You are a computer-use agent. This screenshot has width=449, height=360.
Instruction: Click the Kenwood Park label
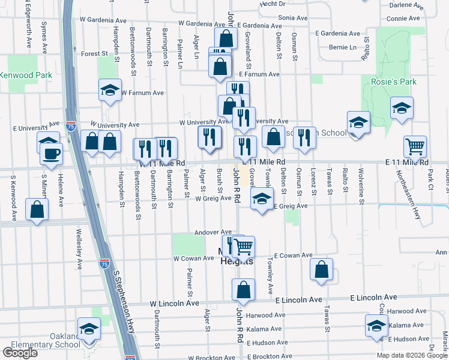[x=26, y=76]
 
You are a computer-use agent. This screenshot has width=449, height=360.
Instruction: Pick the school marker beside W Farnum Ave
[x=110, y=90]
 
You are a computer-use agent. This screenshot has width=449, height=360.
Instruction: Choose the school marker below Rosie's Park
[x=402, y=108]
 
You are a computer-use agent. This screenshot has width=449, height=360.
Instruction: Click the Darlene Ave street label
[x=405, y=5]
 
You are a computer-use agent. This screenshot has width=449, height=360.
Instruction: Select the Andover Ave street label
[x=213, y=232]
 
